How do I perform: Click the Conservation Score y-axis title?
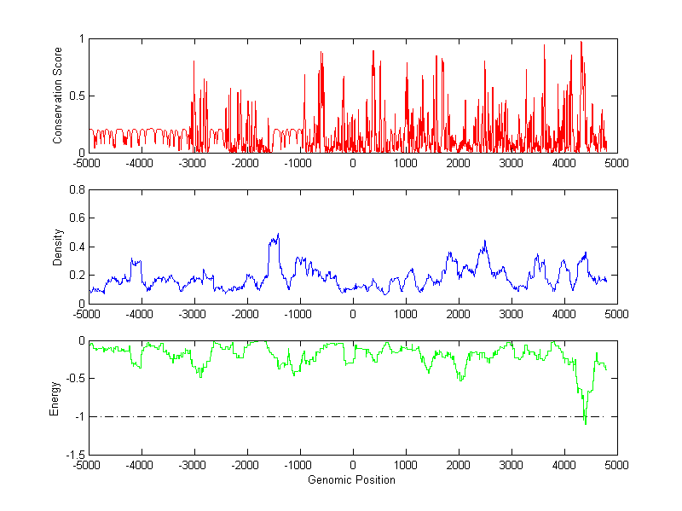[57, 96]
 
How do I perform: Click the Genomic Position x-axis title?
[351, 479]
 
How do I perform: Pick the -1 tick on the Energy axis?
[78, 416]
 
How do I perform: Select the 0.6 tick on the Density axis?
[76, 218]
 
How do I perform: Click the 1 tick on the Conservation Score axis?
[81, 38]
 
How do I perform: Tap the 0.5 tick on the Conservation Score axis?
[76, 96]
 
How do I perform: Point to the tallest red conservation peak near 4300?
[581, 42]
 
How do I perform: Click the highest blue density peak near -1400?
[278, 234]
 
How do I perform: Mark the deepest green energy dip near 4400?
[585, 423]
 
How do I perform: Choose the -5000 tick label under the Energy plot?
[87, 466]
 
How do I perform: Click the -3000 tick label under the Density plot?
[193, 315]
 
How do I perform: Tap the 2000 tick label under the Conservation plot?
[458, 164]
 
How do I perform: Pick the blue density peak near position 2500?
[484, 241]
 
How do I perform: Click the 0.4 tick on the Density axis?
[76, 247]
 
